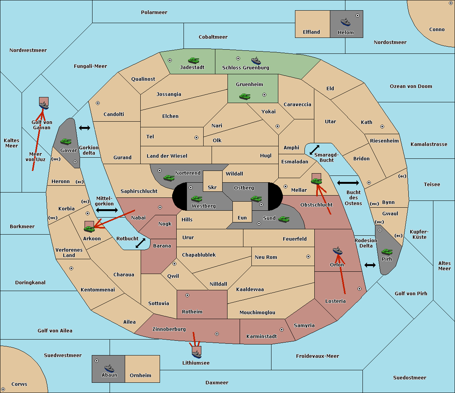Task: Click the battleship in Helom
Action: coord(345,22)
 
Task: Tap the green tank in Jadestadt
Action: coord(194,60)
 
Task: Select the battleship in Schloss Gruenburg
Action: coord(256,60)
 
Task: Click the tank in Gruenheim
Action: coord(245,96)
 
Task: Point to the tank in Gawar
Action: coord(66,141)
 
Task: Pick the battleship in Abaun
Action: coord(110,368)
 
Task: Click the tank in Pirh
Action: coord(387,252)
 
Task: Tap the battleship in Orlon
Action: coord(338,251)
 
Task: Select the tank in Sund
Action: coord(284,219)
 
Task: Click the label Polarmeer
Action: coord(154,13)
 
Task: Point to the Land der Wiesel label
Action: coord(167,156)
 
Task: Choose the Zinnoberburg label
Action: coord(169,329)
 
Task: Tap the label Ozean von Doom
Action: coord(411,86)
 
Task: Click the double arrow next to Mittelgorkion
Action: coord(107,210)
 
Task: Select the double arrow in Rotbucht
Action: coord(140,243)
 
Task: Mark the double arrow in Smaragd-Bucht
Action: coord(314,150)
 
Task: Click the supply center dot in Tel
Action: coord(196,138)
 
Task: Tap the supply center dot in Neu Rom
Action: coord(308,257)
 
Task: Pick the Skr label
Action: coord(212,187)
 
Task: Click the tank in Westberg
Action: coord(196,199)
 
